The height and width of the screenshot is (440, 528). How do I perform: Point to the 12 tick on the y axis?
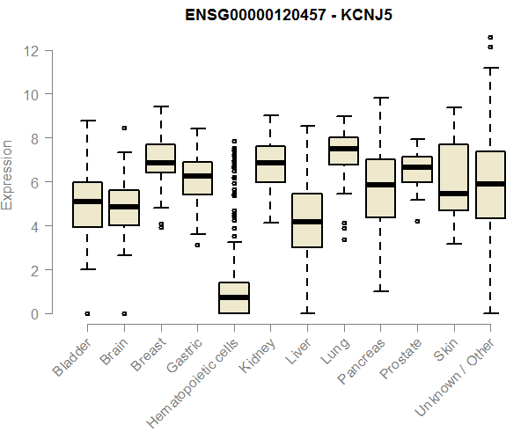(x=32, y=50)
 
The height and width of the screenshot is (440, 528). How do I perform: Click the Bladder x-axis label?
(x=71, y=357)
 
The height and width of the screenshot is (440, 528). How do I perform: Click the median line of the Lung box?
(x=343, y=149)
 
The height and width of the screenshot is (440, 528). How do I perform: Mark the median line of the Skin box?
(x=453, y=194)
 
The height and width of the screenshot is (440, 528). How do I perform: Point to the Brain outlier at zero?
(x=124, y=313)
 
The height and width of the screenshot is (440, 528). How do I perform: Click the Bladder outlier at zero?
(x=87, y=313)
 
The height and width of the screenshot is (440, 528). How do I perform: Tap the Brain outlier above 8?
(x=124, y=128)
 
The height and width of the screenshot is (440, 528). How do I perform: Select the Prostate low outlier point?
(x=416, y=221)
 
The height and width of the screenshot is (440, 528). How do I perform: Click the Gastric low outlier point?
(x=197, y=245)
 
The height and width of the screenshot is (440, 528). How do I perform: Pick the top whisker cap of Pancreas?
(x=380, y=98)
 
